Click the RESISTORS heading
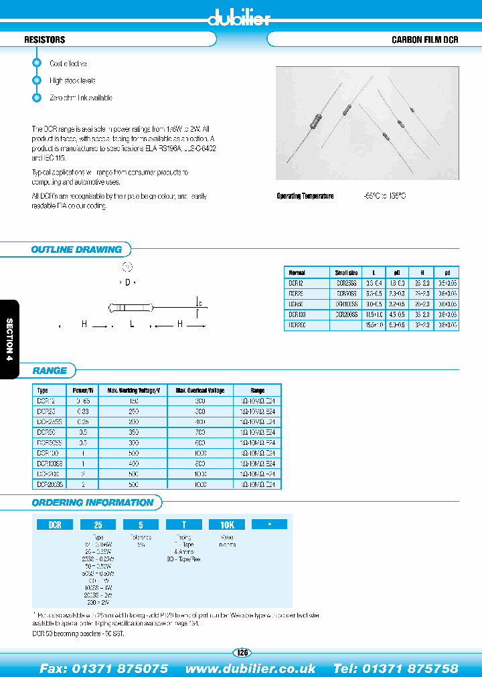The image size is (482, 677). point(44,40)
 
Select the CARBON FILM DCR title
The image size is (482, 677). point(424,40)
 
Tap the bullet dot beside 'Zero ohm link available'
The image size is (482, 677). point(37,98)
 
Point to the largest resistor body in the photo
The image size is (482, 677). point(320,122)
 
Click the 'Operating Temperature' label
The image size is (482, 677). point(305,196)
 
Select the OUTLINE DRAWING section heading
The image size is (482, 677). point(76,250)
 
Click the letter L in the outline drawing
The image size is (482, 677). point(132,324)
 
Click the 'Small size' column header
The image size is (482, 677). point(346,273)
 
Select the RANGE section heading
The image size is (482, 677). point(50,371)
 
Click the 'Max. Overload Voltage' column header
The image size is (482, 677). point(200,390)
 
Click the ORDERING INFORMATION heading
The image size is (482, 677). point(92,502)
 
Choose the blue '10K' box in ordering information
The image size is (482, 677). point(228,525)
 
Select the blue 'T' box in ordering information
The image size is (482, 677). point(183,525)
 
